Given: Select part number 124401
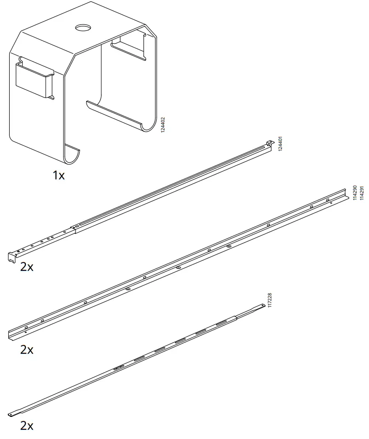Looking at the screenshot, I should pyautogui.click(x=281, y=144).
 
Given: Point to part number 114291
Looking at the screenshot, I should pyautogui.click(x=362, y=193).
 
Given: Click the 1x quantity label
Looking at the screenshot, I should pyautogui.click(x=59, y=175).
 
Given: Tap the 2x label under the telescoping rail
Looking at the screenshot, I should pyautogui.click(x=27, y=267).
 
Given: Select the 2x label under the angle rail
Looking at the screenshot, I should pyautogui.click(x=27, y=350).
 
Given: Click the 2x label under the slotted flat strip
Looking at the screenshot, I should pyautogui.click(x=27, y=426).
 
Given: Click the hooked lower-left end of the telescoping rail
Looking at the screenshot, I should pyautogui.click(x=12, y=256).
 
